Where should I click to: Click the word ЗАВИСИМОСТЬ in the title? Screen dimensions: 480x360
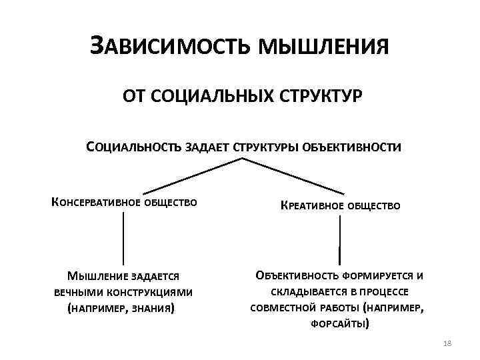click(169, 47)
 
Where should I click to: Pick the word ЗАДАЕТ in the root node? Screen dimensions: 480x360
click(206, 147)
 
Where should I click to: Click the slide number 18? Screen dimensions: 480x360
click(447, 343)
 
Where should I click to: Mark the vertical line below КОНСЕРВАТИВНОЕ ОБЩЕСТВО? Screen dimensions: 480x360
click(123, 240)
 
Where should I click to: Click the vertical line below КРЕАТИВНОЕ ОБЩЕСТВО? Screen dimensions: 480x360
click(340, 240)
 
